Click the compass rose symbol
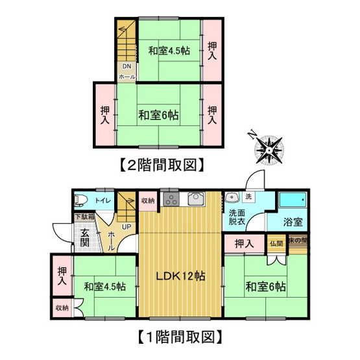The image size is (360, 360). point(267,148)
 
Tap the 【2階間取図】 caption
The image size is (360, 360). point(161,165)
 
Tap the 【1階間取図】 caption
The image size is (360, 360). point(180,337)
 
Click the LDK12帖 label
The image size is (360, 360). point(180,276)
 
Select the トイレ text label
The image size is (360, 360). point(103,201)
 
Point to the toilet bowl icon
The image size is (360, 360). point(80,200)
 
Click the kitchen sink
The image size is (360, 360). point(195,200)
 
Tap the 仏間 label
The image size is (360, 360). point(276,244)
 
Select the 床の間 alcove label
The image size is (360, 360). point(298,241)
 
